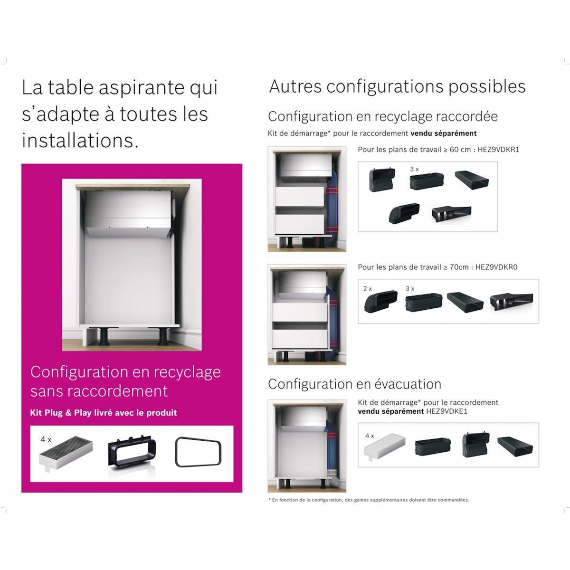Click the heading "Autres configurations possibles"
(397, 87)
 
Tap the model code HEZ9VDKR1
(497, 149)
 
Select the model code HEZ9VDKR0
(496, 267)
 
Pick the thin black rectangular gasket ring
(198, 453)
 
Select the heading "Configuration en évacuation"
(354, 384)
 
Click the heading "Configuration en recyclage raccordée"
(383, 116)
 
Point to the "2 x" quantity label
(367, 288)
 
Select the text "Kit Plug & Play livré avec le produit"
(104, 413)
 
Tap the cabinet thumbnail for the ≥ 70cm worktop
(307, 314)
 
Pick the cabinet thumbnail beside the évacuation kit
(307, 446)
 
